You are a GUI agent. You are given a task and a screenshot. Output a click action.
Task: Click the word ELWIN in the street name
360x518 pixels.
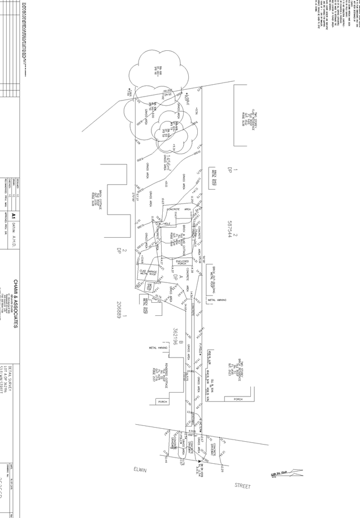pos(139,469)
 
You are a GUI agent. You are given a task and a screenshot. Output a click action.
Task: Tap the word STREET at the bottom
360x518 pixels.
pos(242,485)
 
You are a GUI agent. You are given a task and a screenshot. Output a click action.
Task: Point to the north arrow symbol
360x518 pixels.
pos(288,473)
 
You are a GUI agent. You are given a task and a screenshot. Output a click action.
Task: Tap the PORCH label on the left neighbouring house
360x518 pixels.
pos(162,401)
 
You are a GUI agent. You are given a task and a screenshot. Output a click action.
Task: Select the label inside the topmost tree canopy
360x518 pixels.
pos(158,70)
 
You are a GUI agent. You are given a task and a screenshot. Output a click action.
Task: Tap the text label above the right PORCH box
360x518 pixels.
pos(235,369)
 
